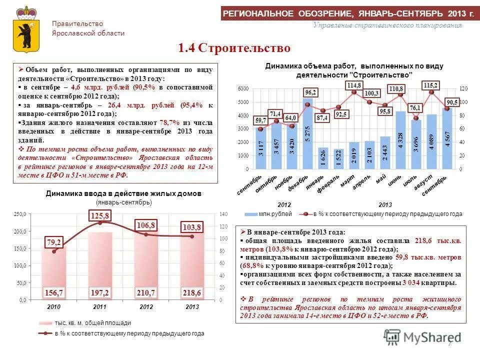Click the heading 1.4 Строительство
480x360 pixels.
tap(234, 48)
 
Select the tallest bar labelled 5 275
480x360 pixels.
tap(307, 135)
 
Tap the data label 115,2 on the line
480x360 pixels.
tap(430, 85)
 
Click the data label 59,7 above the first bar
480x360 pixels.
tap(260, 120)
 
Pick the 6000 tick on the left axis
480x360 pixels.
tap(242, 88)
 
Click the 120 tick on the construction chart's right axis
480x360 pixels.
tap(463, 88)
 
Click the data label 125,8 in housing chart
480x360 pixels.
tap(100, 215)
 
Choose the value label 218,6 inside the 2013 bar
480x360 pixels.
tap(192, 292)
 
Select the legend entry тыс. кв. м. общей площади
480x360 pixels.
tap(92, 322)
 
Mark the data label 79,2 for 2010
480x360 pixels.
tap(54, 242)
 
